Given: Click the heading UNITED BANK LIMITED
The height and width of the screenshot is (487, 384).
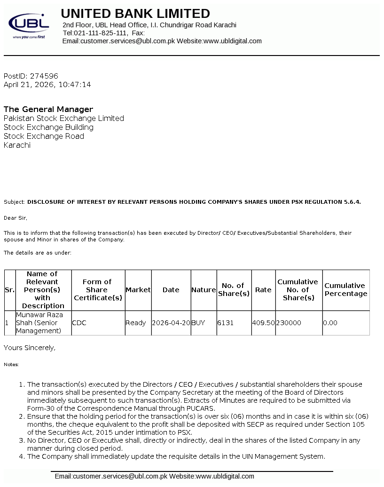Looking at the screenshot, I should [135, 13].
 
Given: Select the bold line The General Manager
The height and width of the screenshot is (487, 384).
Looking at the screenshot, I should [48, 109].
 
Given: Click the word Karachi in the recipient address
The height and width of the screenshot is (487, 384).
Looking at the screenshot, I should [17, 145].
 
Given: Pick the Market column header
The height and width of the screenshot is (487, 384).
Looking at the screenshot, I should [138, 290].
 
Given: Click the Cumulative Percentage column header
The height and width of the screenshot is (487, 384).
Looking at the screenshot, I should [345, 289].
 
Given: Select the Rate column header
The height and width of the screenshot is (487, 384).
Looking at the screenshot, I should [263, 290].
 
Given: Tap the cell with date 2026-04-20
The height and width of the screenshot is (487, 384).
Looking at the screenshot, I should [171, 323].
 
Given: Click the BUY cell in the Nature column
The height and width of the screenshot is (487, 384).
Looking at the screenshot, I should [198, 323].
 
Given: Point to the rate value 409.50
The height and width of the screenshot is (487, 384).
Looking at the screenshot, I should [263, 323].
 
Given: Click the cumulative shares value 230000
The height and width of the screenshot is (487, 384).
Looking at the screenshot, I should [289, 323].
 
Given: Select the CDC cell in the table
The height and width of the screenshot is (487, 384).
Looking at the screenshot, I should [79, 323].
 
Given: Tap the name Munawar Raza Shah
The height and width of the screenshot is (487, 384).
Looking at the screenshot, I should [39, 319].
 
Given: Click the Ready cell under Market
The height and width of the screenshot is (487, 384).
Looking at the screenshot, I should [136, 323].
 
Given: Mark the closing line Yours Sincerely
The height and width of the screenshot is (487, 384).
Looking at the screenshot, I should [30, 348].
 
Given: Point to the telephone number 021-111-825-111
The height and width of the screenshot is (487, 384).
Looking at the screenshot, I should [100, 33].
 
